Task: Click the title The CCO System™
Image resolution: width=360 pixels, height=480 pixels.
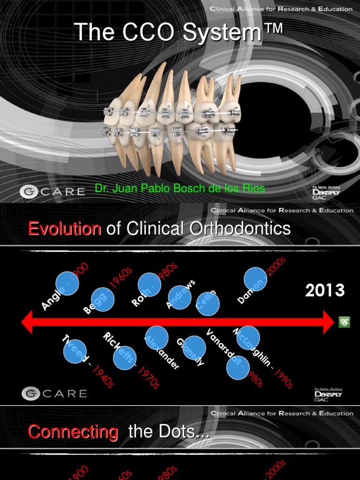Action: click(179, 32)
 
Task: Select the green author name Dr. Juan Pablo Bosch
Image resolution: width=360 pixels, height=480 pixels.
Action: click(180, 188)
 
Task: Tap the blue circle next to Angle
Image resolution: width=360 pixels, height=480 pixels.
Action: click(67, 284)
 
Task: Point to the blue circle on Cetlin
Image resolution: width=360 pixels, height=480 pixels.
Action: click(208, 304)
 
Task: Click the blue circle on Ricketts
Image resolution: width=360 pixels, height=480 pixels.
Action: click(125, 358)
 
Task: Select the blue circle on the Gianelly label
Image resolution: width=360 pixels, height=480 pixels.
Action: click(194, 348)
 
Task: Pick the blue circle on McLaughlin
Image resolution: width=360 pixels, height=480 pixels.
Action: click(248, 338)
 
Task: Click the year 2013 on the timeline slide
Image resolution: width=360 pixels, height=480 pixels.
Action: click(325, 291)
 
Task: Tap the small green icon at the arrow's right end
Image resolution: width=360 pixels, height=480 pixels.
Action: click(345, 322)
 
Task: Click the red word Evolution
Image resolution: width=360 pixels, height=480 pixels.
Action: click(65, 229)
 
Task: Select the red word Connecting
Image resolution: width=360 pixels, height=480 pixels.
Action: click(73, 432)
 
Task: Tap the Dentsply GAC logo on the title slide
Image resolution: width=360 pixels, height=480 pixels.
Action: click(327, 192)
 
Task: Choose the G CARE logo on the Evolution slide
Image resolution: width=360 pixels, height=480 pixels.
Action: click(54, 393)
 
